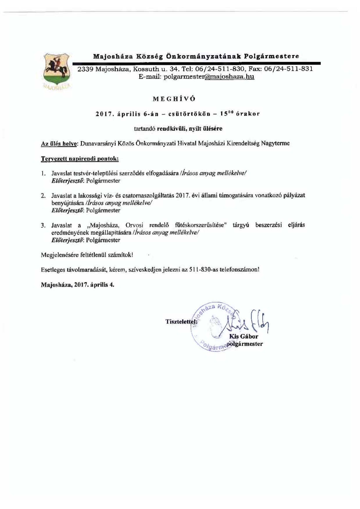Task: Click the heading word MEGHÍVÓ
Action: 174,99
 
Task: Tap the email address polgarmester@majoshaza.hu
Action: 209,77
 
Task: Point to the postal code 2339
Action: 85,69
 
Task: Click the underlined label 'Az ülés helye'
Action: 59,143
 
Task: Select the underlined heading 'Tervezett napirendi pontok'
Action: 80,159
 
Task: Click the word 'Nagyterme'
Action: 275,143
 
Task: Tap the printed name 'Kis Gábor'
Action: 243,336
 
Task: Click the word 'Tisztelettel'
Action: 181,322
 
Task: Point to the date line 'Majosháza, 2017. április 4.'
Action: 78,285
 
